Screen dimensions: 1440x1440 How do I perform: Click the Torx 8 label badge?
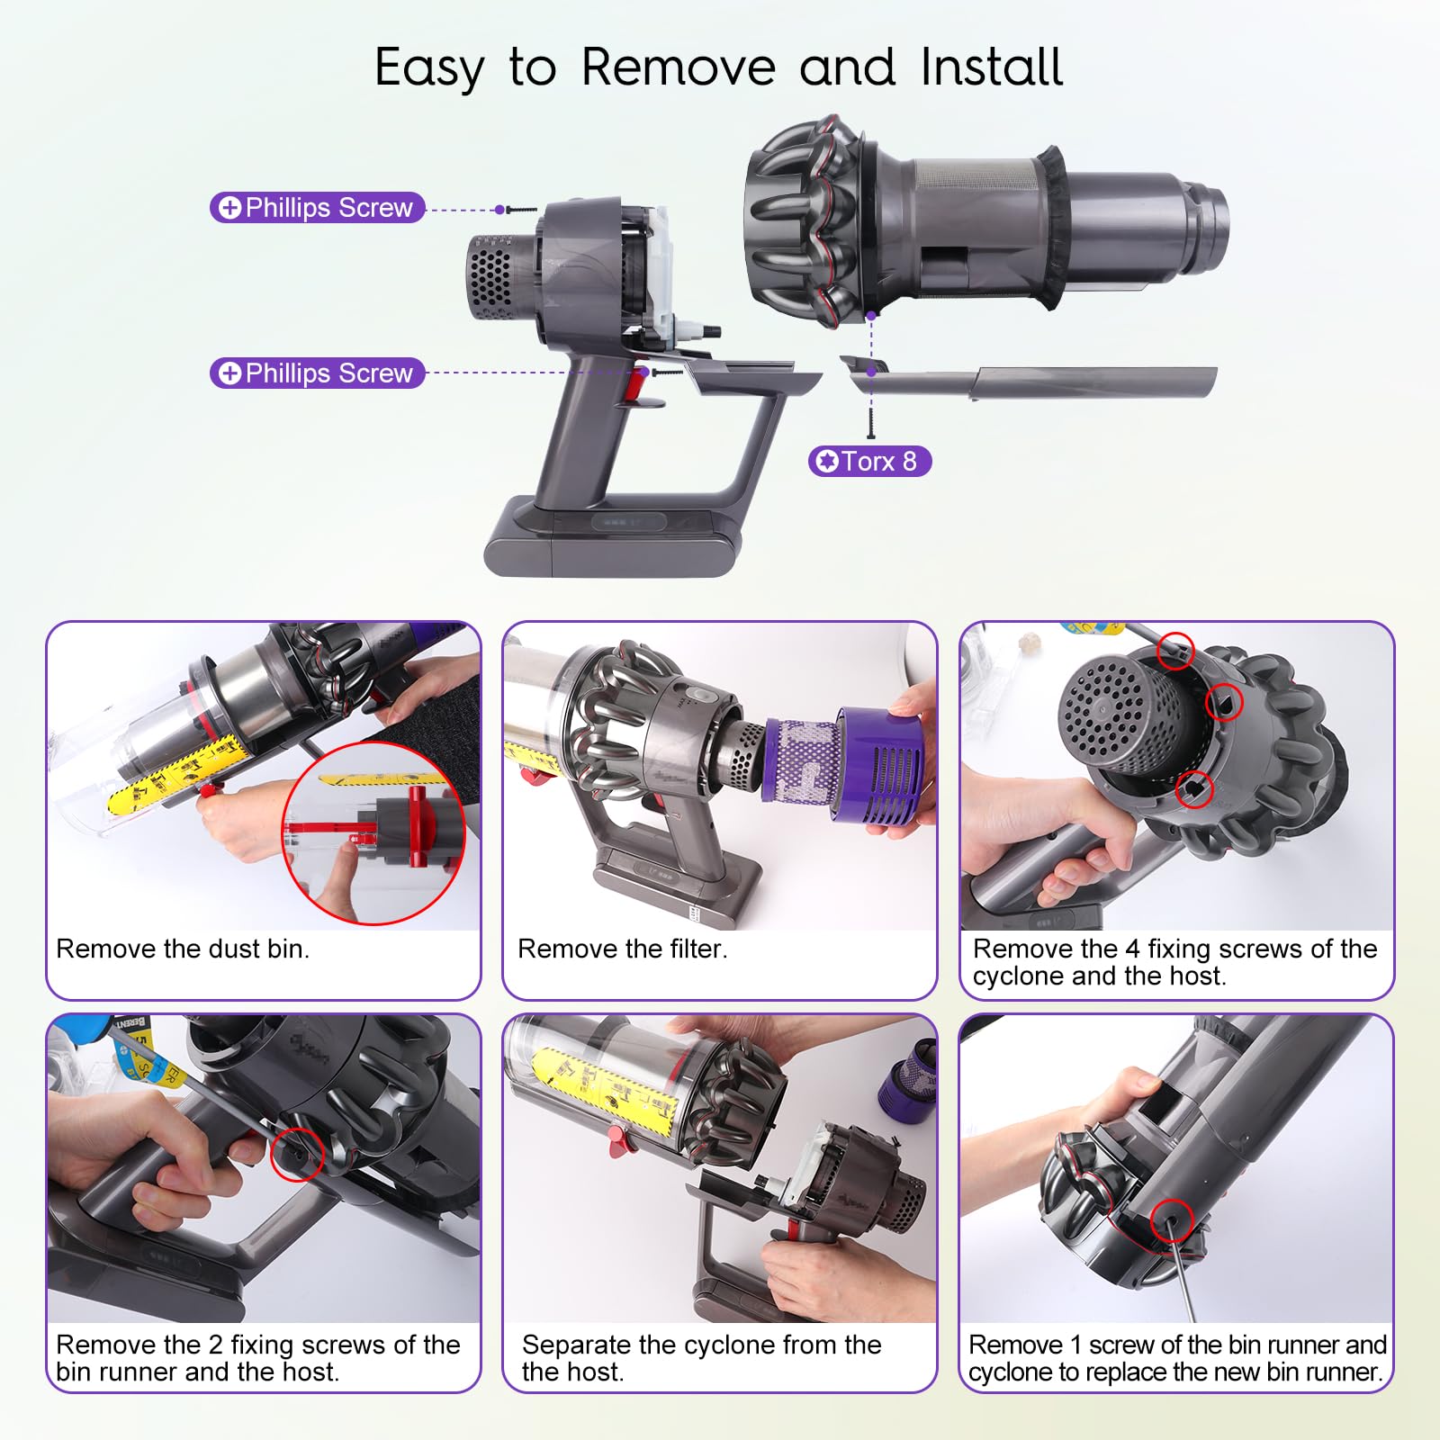point(869,461)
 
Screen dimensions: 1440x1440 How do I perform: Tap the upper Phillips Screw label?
point(317,207)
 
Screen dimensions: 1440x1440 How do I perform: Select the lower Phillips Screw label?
point(317,373)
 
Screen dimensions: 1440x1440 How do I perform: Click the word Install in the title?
point(992,67)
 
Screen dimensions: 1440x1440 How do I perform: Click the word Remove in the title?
point(679,67)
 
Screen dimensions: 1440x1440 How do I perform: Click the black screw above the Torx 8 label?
point(871,422)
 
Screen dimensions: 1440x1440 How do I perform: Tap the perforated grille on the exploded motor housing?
point(490,275)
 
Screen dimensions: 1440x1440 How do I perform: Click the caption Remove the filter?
point(622,949)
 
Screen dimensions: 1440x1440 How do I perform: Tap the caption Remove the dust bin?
point(183,949)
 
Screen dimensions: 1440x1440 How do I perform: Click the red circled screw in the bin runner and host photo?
point(297,1153)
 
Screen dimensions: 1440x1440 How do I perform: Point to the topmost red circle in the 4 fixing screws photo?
point(1175,651)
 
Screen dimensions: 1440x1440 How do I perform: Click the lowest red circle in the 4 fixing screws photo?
point(1194,789)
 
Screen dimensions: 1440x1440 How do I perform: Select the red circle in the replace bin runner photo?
point(1172,1220)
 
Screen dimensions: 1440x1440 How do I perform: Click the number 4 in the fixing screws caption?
point(1132,949)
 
